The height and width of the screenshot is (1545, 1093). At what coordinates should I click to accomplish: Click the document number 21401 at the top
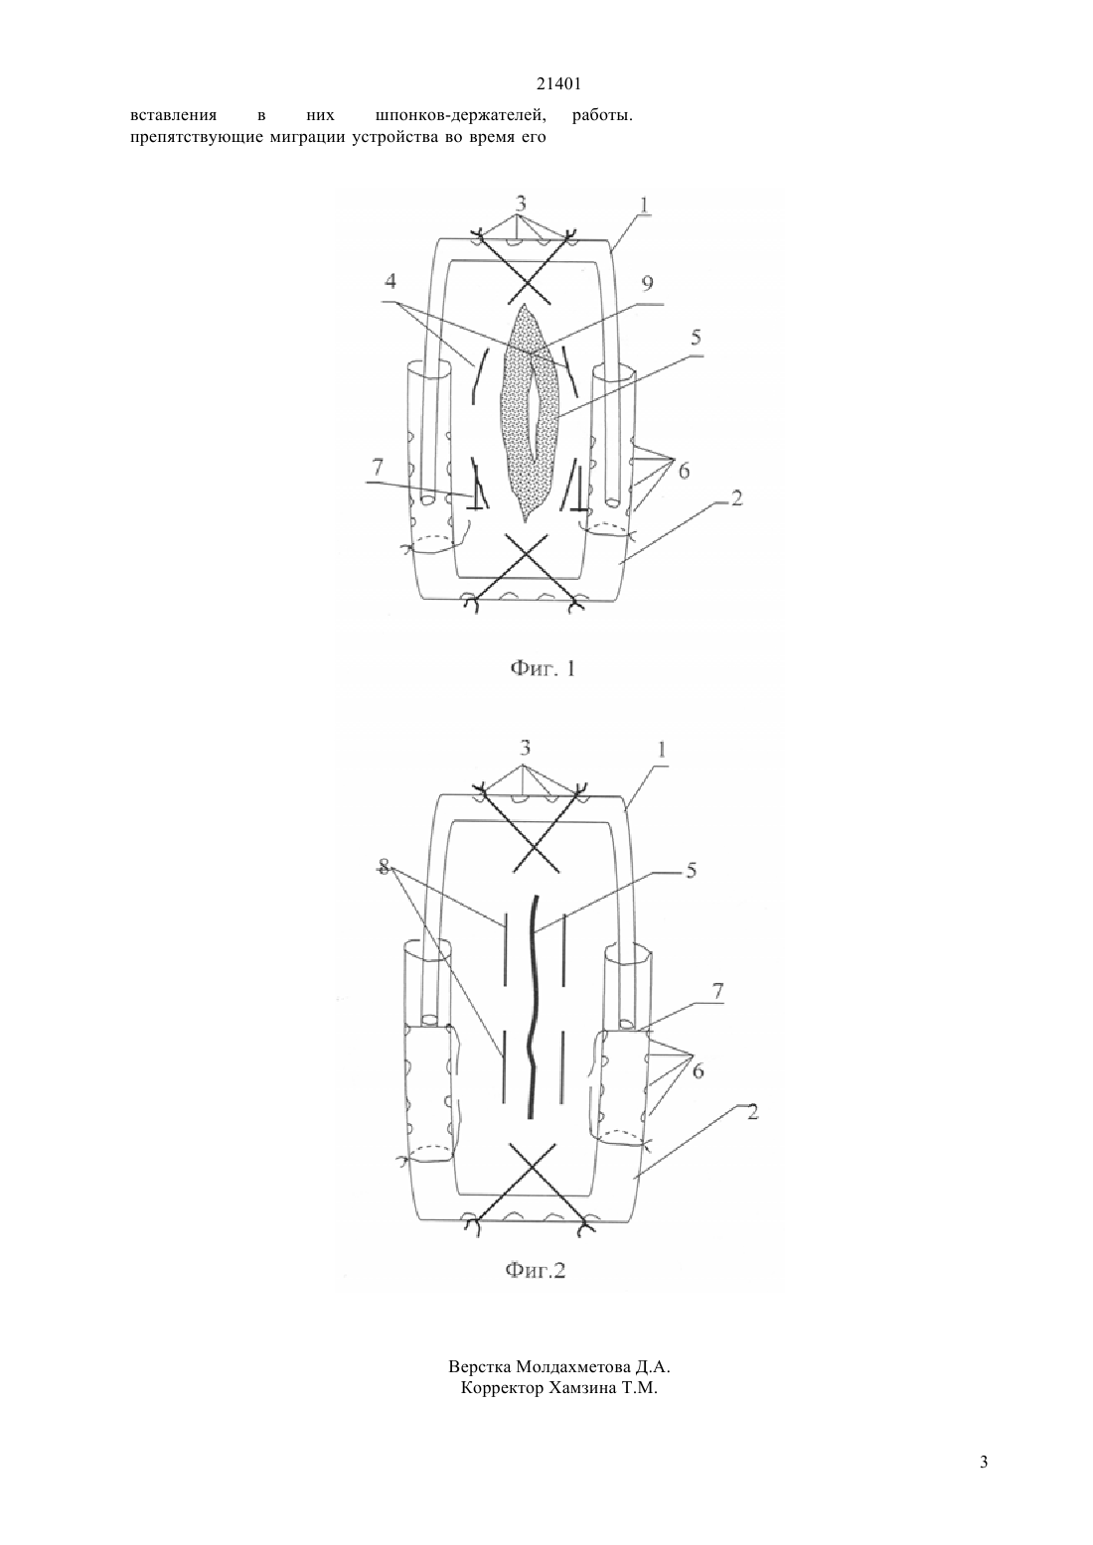558,84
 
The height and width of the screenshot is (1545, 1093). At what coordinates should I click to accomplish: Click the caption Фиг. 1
542,668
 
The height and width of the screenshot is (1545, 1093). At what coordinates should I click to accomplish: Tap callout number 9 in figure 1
647,283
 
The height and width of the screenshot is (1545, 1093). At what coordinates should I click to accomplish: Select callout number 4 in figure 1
391,281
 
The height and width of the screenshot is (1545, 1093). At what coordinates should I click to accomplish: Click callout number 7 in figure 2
717,992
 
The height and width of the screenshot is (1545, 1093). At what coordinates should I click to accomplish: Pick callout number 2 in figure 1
736,498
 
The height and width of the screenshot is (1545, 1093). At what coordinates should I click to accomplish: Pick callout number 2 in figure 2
752,1112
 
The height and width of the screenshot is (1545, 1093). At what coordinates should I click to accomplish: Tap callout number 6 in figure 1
684,471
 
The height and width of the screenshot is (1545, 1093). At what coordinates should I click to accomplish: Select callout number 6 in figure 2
699,1071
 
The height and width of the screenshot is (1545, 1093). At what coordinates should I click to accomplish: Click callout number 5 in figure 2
691,871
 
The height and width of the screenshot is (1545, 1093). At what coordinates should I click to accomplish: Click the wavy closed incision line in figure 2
532,1006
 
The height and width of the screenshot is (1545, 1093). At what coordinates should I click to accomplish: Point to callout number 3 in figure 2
525,748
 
